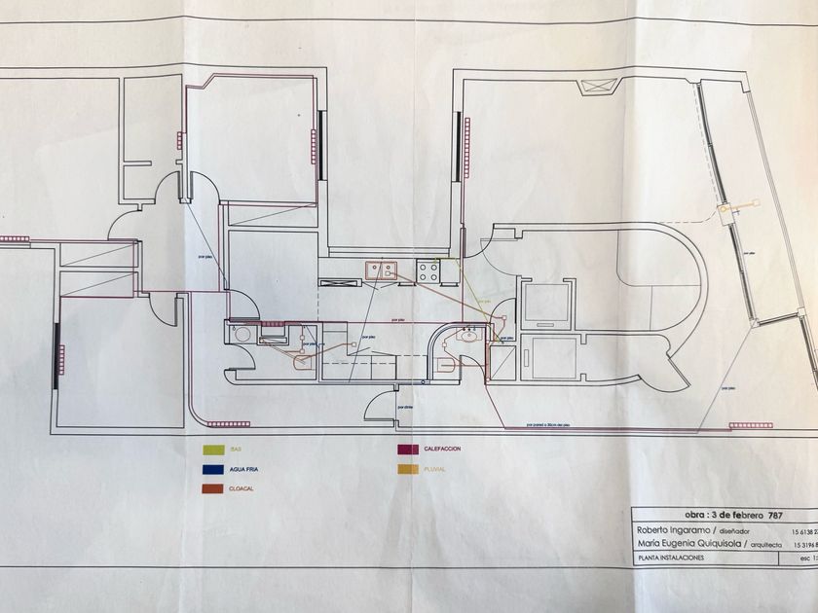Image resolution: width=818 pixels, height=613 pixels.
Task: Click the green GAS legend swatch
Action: click(208, 450)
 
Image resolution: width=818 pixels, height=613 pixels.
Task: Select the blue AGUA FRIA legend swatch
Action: click(208, 469)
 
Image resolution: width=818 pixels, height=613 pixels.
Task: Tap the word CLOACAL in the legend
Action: click(242, 488)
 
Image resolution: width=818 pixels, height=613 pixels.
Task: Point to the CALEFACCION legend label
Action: click(442, 450)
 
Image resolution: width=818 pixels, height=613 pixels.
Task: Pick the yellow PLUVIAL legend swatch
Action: click(407, 469)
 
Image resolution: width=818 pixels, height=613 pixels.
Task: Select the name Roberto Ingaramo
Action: click(671, 531)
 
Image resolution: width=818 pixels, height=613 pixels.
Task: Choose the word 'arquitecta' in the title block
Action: click(761, 545)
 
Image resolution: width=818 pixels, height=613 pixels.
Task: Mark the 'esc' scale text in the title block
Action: click(797, 559)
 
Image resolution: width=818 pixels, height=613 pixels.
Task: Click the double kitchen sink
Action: click(381, 270)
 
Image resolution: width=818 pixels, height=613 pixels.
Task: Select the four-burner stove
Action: click(428, 271)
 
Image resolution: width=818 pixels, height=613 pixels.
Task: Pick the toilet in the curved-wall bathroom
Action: click(445, 365)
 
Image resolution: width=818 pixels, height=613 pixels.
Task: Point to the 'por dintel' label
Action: click(407, 407)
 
